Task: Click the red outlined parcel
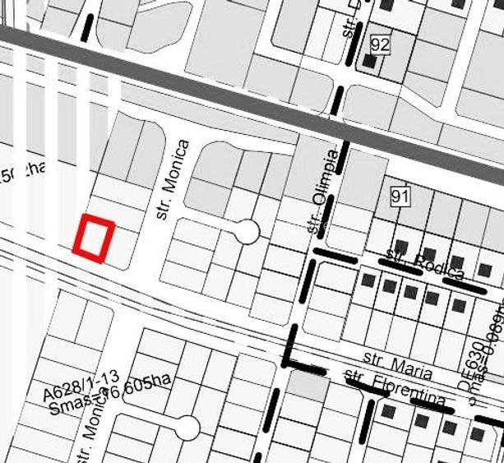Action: point(92,238)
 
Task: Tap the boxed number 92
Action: point(379,44)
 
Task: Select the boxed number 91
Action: point(400,196)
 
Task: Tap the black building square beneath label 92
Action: point(369,62)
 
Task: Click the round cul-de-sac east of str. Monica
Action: point(247,233)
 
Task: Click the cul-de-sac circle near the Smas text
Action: point(187,428)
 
